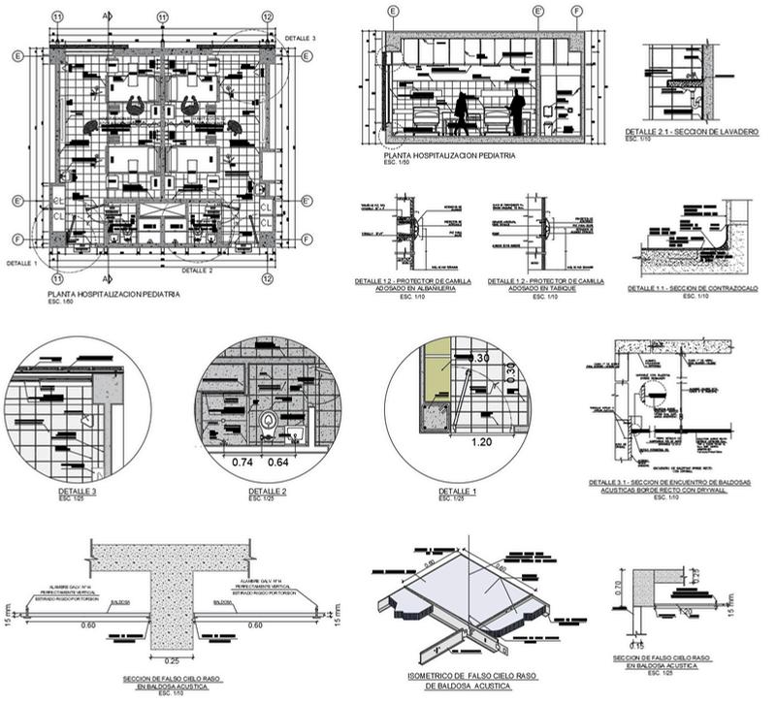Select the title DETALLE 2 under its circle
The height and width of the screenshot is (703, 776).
[x=268, y=493]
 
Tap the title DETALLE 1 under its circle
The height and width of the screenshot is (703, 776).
[x=455, y=493]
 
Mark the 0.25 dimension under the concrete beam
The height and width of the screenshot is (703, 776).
[x=170, y=661]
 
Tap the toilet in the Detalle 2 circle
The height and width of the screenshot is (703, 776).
[x=269, y=423]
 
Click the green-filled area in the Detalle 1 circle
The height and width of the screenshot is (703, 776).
[x=436, y=373]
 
